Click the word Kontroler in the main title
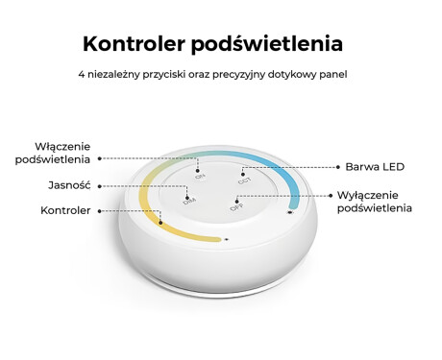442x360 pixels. point(134,44)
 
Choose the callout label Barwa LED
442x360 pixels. point(376,166)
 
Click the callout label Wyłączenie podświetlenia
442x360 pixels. point(374,201)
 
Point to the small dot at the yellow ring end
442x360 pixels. point(225,239)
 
